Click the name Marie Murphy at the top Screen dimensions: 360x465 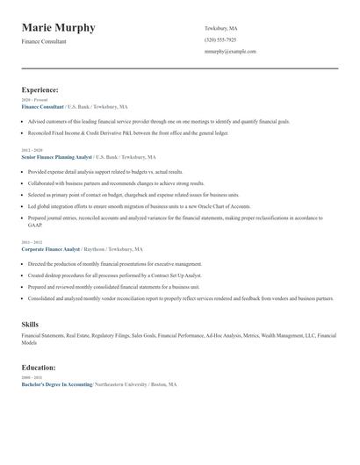[59, 28]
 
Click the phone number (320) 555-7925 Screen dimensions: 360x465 [220, 39]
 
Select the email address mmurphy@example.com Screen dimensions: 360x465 [230, 51]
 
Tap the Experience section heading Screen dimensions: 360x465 [40, 89]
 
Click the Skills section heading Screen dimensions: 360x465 [30, 325]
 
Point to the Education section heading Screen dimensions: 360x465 [39, 367]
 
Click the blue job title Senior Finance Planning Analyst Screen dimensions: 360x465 [56, 157]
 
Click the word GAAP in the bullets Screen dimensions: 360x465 [34, 225]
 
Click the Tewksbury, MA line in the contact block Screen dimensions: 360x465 [220, 28]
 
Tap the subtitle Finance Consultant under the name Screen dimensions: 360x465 [44, 42]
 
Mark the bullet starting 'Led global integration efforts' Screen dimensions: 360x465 [132, 205]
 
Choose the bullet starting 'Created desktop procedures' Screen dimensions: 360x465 [114, 275]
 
